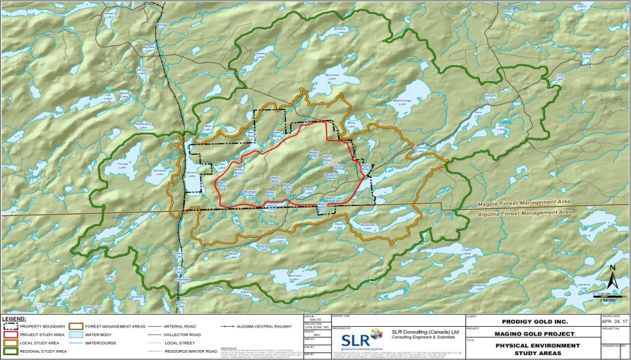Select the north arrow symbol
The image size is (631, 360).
pyautogui.click(x=615, y=282)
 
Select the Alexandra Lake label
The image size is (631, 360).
pyautogui.click(x=143, y=125)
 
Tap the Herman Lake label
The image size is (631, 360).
pyautogui.click(x=191, y=174)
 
